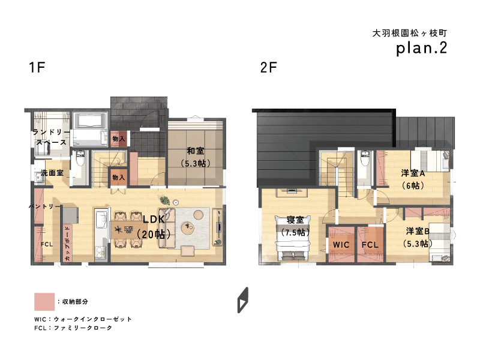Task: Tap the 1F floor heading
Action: (x=37, y=67)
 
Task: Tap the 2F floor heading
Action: (x=268, y=67)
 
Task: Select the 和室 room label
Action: (x=196, y=151)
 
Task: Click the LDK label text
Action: (x=154, y=219)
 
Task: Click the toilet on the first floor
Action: (x=80, y=158)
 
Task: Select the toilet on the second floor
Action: (x=365, y=158)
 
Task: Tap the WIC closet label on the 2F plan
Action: (x=341, y=245)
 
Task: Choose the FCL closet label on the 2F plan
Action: (x=370, y=245)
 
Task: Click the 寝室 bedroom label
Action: (x=295, y=220)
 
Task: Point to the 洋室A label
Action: (x=413, y=173)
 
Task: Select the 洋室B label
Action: (x=418, y=231)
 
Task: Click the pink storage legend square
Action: (x=44, y=302)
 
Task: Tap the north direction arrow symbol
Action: (x=243, y=300)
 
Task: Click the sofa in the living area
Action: (x=167, y=228)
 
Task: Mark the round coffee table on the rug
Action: (x=187, y=228)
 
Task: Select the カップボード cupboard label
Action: (x=67, y=244)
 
